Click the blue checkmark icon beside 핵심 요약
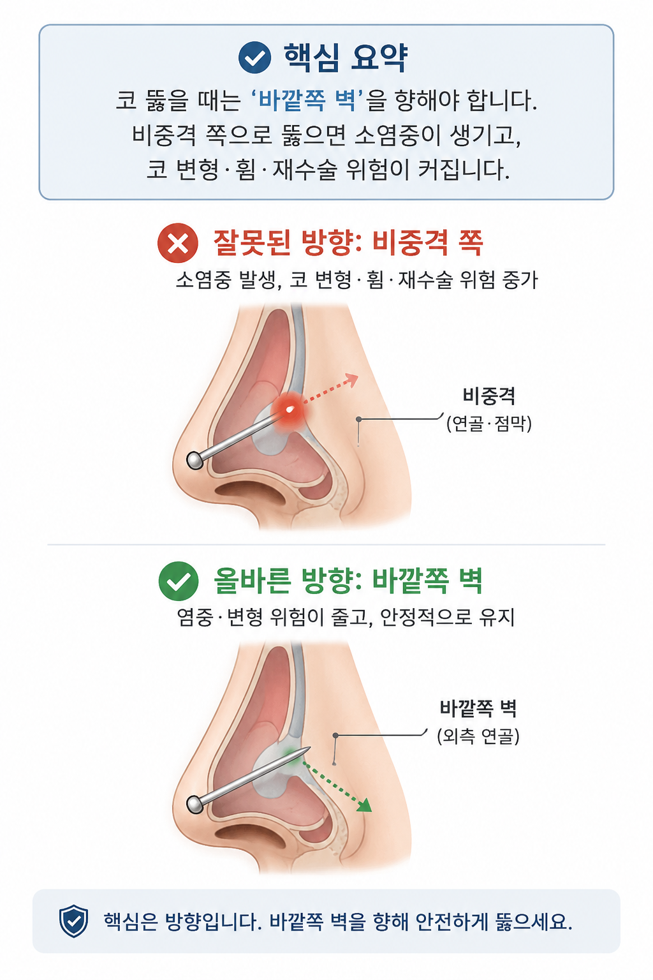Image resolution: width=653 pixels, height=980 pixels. click(x=254, y=57)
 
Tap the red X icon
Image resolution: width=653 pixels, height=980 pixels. click(x=177, y=243)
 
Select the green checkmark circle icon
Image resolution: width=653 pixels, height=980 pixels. click(x=179, y=581)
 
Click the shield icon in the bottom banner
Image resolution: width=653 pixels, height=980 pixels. click(x=73, y=921)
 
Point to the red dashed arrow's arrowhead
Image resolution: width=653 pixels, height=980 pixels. click(x=351, y=380)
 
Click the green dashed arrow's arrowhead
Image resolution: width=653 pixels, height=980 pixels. click(x=364, y=805)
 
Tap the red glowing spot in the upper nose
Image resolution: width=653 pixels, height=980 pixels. click(x=290, y=410)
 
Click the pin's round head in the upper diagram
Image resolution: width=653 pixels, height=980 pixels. click(x=195, y=460)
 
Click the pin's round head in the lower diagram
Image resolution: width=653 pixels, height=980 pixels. click(x=195, y=804)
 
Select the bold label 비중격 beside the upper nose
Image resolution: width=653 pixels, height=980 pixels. click(x=488, y=396)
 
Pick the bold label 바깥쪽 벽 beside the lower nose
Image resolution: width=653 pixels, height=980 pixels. click(x=478, y=708)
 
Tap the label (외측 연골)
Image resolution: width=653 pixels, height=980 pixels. click(x=478, y=736)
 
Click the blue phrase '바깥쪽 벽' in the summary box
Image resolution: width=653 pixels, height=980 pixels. click(x=308, y=101)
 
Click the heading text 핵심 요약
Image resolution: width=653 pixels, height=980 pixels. click(x=346, y=58)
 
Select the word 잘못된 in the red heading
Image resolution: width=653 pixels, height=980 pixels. click(x=253, y=242)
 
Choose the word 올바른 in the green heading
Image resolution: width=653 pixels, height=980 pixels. click(x=253, y=581)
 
